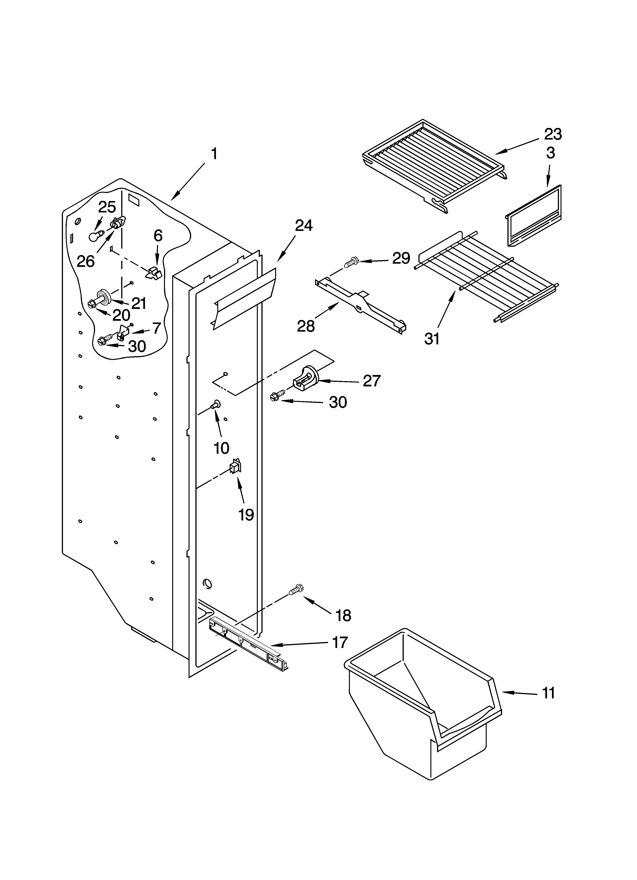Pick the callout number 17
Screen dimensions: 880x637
pos(340,642)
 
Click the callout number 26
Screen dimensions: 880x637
pos(86,261)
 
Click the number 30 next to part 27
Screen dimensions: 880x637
pos(338,402)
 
